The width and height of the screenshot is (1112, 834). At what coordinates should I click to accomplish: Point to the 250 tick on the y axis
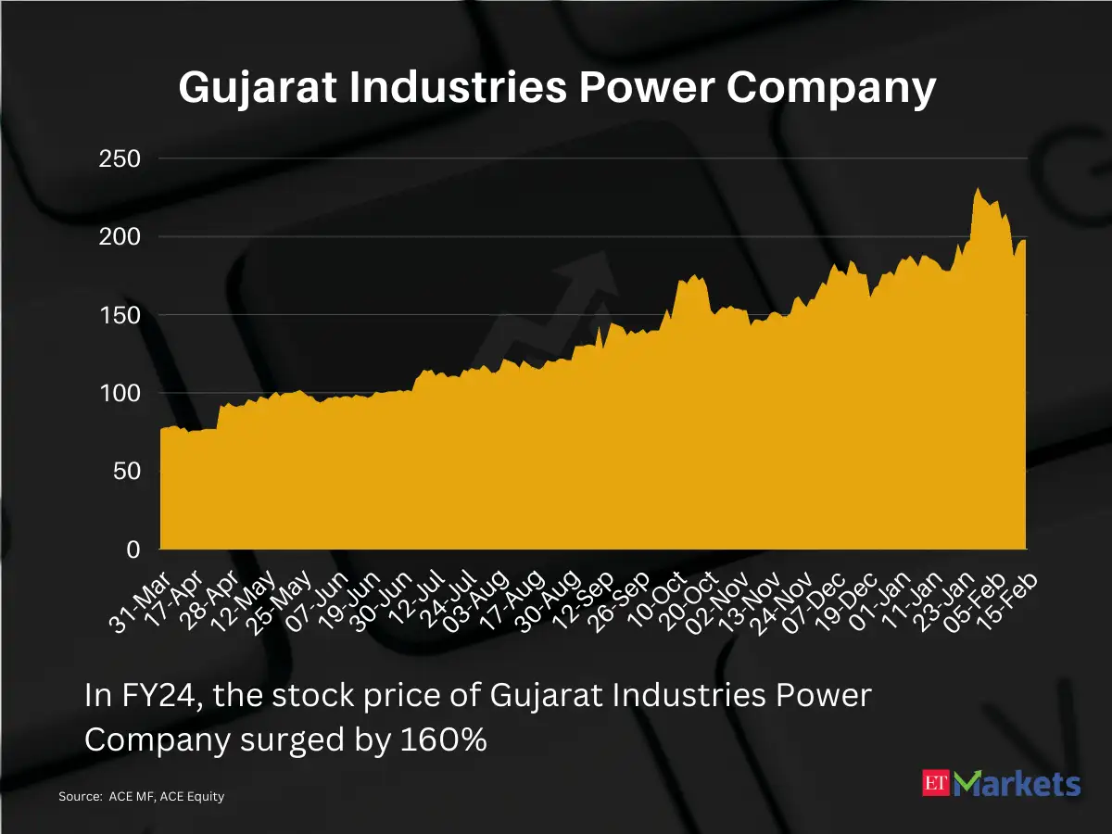point(120,158)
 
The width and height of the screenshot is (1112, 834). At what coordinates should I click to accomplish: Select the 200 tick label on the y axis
point(120,237)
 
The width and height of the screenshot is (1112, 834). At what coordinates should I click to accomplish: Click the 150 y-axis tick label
point(120,315)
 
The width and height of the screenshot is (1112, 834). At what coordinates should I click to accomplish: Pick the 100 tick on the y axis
point(120,394)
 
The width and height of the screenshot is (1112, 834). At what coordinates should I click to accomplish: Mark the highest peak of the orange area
point(978,189)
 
